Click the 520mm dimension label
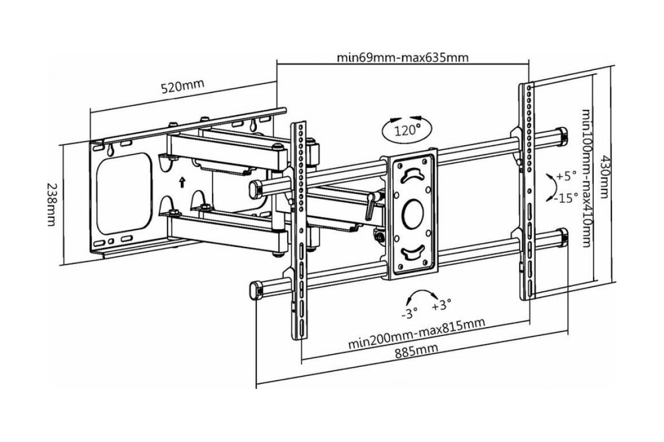183,86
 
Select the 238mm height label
52,204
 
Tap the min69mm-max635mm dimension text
403,57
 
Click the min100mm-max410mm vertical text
586,178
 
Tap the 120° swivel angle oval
407,130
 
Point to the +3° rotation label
442,304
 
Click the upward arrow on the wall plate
182,182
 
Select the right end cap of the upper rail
562,136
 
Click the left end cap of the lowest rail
255,291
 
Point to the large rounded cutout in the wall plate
124,193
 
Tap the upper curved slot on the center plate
412,176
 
